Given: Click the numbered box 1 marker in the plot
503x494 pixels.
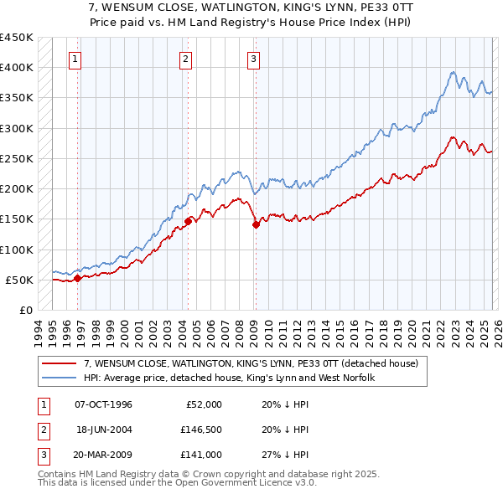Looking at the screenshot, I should click(75, 59).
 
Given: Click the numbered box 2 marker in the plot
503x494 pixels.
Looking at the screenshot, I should click(185, 59).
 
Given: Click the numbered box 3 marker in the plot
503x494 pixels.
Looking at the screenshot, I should click(253, 59).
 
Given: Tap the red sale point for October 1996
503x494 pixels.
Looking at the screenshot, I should click(77, 278).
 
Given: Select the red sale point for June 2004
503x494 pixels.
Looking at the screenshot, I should click(188, 221).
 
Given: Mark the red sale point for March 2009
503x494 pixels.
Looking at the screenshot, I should click(256, 224).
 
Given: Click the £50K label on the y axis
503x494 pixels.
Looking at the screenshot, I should click(20, 280).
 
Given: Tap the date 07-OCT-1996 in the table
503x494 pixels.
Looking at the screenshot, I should click(103, 404).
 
